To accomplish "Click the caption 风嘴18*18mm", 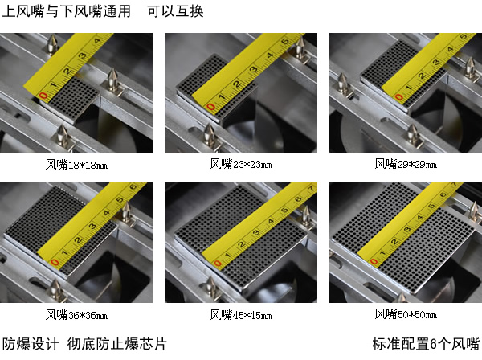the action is point(76,165).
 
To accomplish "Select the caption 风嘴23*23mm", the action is point(241,164).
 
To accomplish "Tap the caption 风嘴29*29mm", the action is point(406,164).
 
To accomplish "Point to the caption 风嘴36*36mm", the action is point(76,314).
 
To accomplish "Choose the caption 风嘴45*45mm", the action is point(241,314).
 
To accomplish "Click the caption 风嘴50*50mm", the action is point(406,314).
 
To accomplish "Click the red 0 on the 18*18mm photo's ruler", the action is point(44,96).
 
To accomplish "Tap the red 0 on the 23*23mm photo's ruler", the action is point(210,108).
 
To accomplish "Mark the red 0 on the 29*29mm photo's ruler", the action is point(398,97).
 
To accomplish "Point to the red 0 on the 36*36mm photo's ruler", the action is point(55,262).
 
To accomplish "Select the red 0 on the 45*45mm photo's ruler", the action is point(218,264).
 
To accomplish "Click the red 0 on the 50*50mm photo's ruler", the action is point(374,262).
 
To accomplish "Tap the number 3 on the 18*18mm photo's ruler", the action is point(82,56).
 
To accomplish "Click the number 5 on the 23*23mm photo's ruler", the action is point(285,41).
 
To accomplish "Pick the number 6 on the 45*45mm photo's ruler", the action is point(298,199).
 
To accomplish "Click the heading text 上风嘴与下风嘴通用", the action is point(67,11).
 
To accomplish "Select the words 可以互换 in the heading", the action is point(175,11).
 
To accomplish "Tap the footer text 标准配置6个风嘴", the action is point(426,343).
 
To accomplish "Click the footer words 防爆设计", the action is point(31,343).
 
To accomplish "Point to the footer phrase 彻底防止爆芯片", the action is point(117,343).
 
